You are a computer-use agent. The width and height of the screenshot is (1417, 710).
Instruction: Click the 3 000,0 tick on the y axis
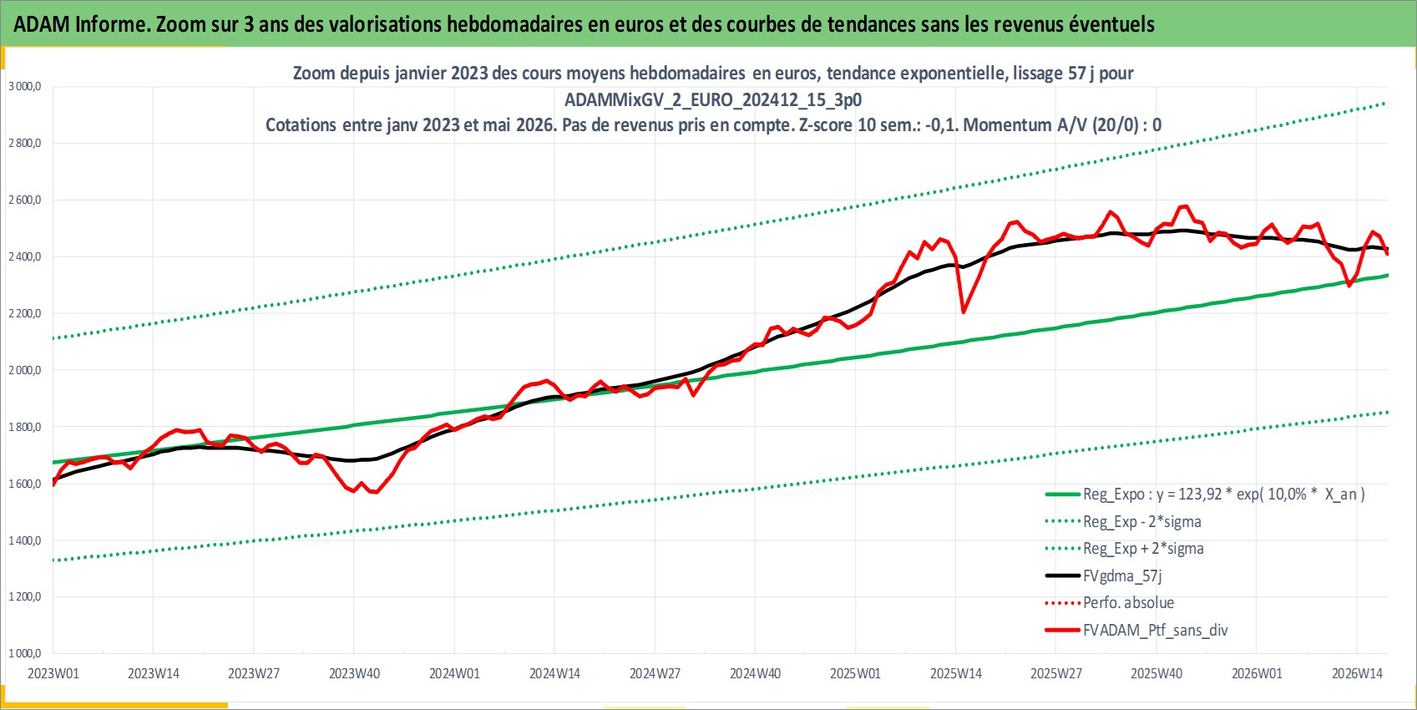(x=25, y=86)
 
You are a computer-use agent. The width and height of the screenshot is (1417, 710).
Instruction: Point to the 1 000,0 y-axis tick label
(x=25, y=653)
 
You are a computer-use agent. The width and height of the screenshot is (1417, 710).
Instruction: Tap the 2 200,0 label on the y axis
(x=25, y=313)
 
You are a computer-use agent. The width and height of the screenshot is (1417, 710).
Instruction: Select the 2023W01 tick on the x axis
(x=53, y=673)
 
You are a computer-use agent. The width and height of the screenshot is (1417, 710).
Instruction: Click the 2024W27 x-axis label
(x=655, y=673)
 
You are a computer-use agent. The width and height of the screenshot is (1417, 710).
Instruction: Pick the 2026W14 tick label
(x=1357, y=673)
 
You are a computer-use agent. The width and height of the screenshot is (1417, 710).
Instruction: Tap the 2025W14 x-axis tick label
(x=956, y=673)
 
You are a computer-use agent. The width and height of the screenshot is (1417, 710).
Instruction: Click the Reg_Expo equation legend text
(x=1224, y=494)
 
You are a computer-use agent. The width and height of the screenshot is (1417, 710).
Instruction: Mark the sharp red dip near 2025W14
(x=963, y=312)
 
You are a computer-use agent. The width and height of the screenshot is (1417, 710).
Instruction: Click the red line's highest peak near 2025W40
(x=1184, y=206)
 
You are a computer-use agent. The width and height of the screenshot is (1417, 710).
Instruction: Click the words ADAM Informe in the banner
(x=79, y=24)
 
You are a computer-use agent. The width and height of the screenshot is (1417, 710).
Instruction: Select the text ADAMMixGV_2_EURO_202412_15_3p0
(x=713, y=100)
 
